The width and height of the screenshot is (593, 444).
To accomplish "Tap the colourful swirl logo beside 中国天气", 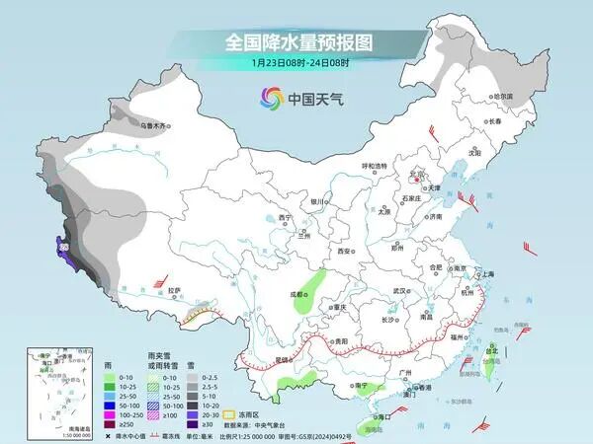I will (270, 97).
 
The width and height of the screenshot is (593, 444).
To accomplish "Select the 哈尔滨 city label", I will (503, 96).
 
